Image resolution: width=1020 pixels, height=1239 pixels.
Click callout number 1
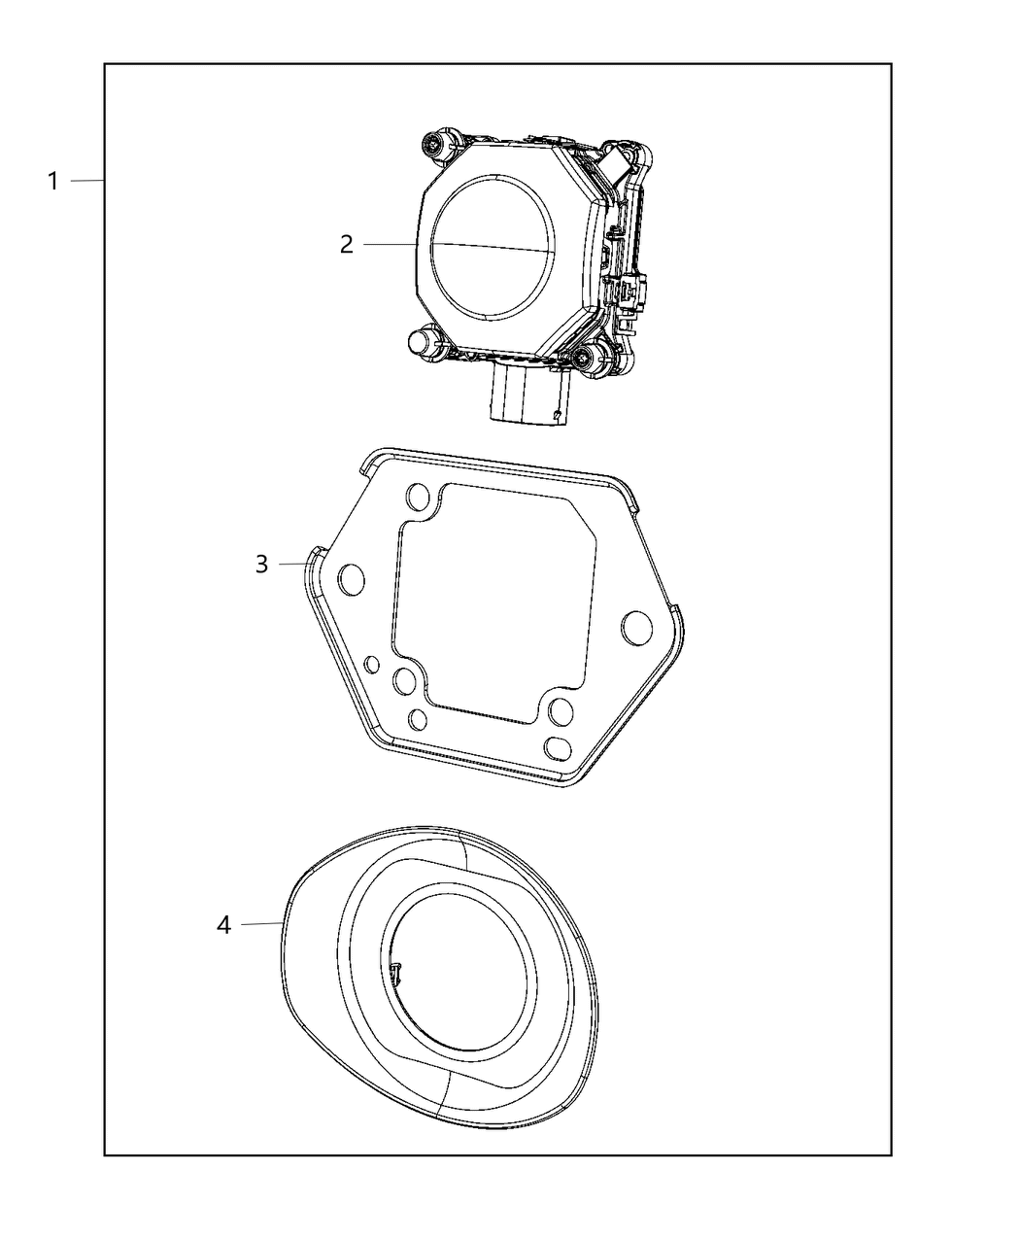click(54, 181)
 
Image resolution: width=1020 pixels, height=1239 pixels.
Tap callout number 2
click(347, 245)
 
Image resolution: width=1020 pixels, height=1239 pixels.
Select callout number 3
click(261, 564)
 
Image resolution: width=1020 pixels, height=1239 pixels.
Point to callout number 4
click(224, 925)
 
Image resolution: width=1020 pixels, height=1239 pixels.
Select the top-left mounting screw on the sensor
click(431, 145)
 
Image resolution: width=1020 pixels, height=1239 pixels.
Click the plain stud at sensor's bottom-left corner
click(421, 342)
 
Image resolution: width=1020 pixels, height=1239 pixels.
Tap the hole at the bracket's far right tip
click(637, 627)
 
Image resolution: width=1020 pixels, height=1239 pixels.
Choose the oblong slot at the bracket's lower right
click(561, 746)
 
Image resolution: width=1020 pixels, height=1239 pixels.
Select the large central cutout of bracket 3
click(491, 602)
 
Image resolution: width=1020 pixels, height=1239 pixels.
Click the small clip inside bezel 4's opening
click(398, 975)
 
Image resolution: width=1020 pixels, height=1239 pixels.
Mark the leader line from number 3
click(293, 564)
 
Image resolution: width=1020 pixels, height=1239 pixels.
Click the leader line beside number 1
click(87, 181)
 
